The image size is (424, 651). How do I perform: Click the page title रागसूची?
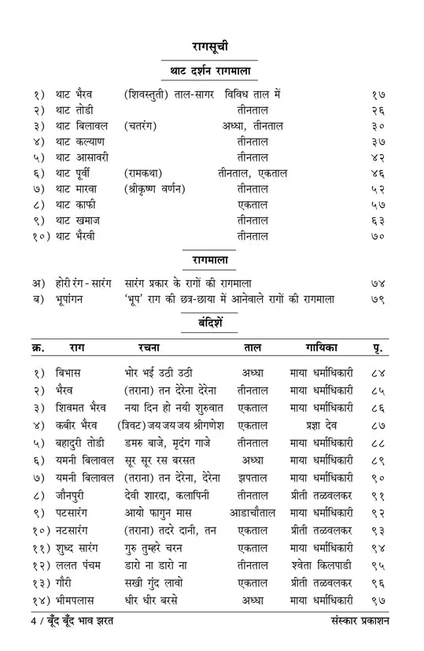click(211, 46)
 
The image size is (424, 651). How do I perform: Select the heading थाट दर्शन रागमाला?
click(211, 71)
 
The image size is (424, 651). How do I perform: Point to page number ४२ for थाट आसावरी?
click(378, 157)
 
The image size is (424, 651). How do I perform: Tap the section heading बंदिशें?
click(212, 324)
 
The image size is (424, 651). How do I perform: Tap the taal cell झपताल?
click(253, 478)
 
